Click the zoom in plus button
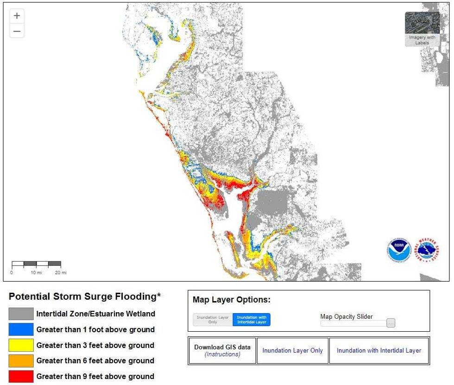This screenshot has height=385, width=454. click(17, 16)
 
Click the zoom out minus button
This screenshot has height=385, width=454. click(17, 31)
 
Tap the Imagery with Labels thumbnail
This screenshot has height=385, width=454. click(422, 29)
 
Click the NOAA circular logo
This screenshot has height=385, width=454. click(399, 250)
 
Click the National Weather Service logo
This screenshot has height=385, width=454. click(428, 250)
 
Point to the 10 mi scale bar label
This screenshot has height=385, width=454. click(36, 273)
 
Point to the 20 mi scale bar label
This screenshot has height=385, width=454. click(61, 273)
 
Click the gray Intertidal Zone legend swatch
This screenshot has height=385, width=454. click(21, 314)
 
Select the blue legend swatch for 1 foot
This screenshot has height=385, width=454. click(21, 329)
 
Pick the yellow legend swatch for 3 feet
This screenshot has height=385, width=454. click(21, 345)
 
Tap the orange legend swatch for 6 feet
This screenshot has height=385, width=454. click(21, 360)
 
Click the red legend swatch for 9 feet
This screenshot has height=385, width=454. click(21, 376)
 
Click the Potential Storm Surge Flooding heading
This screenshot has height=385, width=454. click(84, 297)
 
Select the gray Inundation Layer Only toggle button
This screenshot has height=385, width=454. click(213, 320)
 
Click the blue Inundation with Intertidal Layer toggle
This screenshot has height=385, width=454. click(251, 320)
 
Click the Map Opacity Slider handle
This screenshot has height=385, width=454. click(391, 323)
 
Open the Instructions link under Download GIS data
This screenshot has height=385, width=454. click(222, 354)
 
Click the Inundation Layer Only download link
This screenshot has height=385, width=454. click(292, 351)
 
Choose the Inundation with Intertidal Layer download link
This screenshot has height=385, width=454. click(378, 351)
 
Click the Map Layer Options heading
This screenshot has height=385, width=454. click(231, 300)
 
